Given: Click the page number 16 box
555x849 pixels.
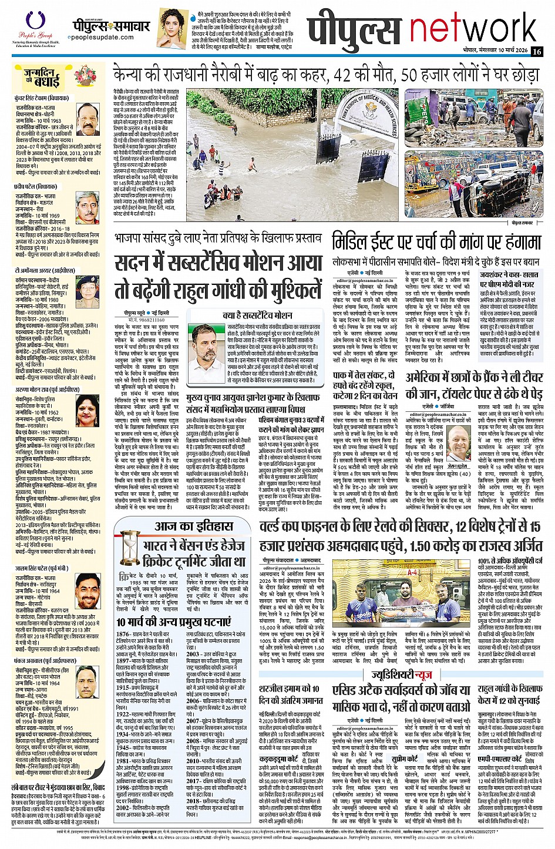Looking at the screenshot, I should click(537, 52).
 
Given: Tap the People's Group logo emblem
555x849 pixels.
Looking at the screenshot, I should click(31, 20).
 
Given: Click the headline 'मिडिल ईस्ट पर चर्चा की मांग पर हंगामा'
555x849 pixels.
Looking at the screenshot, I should click(436, 243).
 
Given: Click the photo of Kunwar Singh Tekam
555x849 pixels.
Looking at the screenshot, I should click(88, 119).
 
